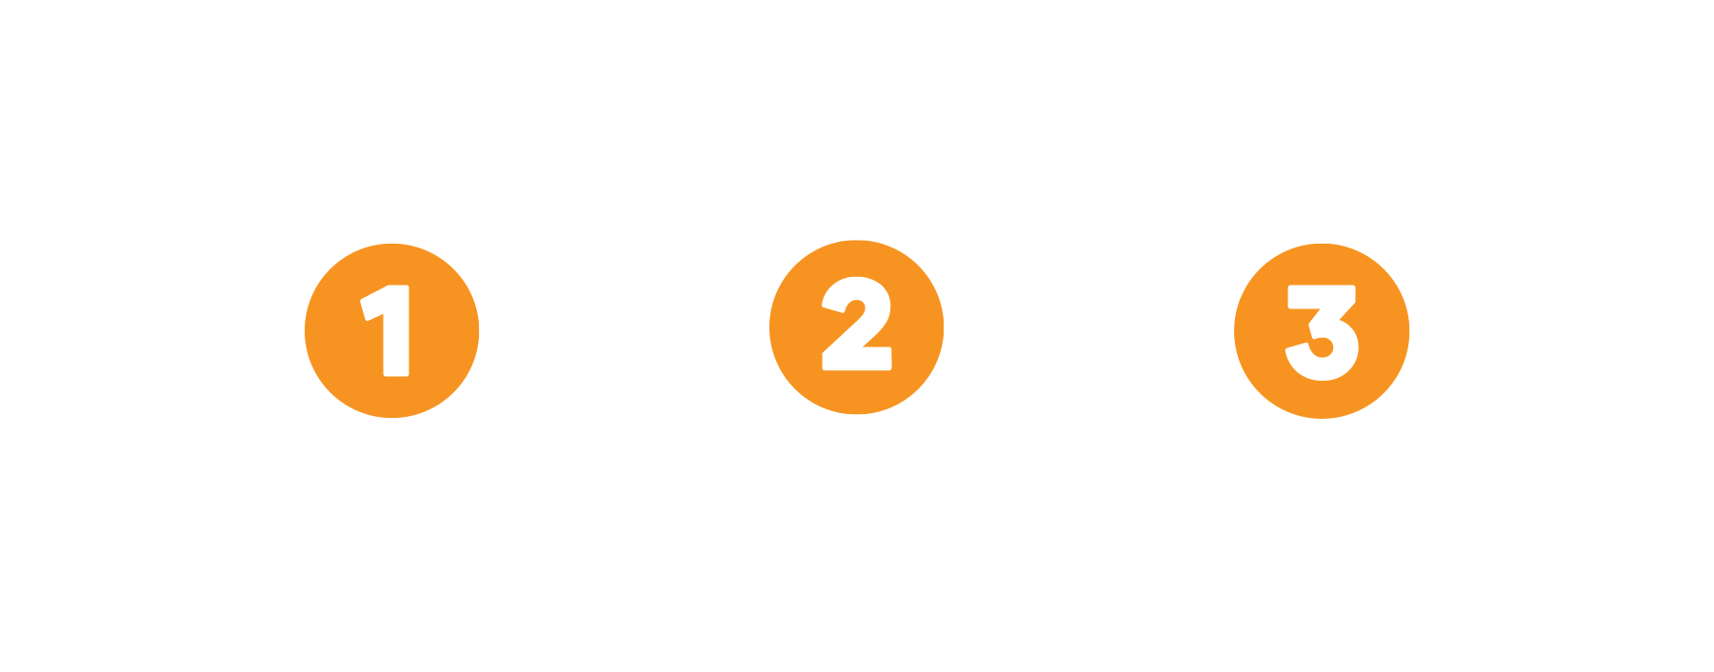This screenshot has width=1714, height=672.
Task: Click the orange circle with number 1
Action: (x=391, y=330)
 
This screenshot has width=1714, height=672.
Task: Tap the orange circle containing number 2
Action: (x=856, y=327)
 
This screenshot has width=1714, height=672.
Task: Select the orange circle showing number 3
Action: (x=1321, y=330)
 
